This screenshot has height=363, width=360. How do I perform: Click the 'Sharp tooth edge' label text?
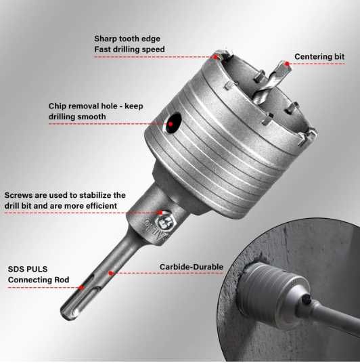pos(127,39)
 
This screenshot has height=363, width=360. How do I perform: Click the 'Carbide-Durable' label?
pos(192,267)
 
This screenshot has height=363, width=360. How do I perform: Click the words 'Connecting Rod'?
pos(38,278)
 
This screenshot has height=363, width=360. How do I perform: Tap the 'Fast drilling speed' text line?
pos(129,49)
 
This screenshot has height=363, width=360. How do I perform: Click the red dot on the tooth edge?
pos(216,58)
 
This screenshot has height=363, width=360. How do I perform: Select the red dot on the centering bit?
pos(287,64)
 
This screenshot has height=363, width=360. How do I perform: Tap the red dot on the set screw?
pos(160,213)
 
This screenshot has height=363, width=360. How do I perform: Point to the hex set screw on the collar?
pos(164,219)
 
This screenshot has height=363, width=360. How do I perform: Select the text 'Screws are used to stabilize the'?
pos(65,195)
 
